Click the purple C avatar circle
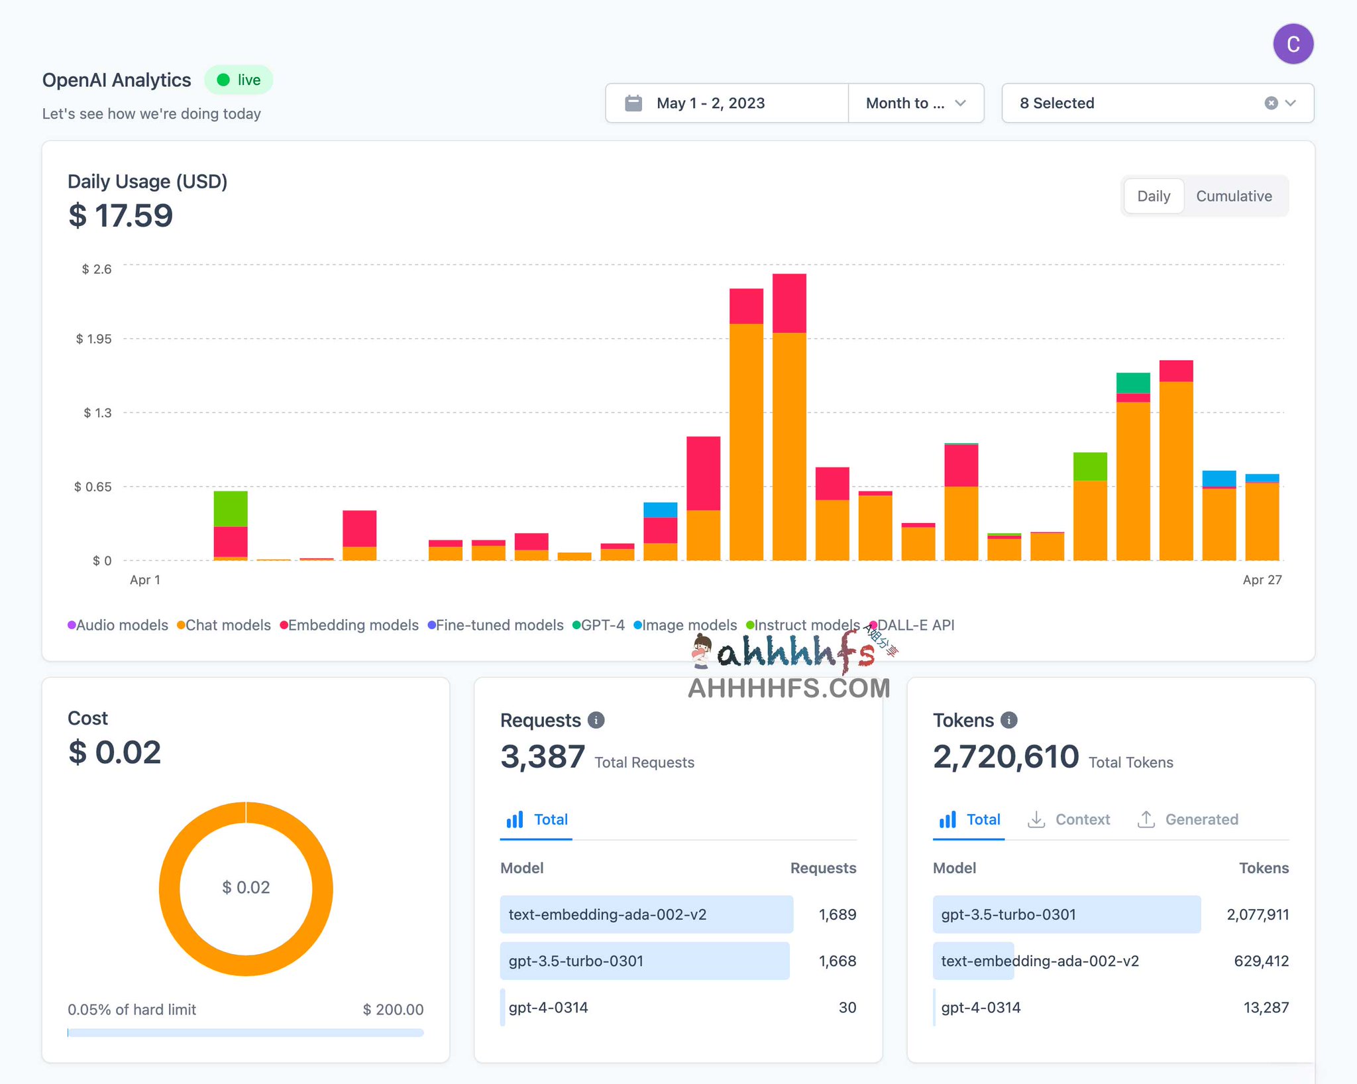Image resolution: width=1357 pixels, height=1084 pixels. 1293,44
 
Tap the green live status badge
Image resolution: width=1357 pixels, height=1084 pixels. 239,80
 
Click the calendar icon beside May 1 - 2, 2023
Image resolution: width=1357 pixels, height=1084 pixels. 633,103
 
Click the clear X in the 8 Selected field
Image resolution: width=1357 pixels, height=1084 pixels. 1270,103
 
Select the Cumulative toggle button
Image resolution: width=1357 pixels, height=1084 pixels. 1233,196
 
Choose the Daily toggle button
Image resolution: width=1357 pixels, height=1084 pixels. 1153,196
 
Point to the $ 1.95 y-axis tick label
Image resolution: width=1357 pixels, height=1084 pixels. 94,339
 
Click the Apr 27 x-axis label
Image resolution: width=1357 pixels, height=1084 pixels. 1262,580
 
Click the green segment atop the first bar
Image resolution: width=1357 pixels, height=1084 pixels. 231,509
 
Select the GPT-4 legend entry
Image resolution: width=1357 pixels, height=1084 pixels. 599,625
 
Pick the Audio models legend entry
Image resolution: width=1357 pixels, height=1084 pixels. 119,625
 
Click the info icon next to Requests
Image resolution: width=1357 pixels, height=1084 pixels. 596,720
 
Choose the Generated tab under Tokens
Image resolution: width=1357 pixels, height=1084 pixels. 1187,819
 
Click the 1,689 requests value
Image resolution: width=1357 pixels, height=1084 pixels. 837,915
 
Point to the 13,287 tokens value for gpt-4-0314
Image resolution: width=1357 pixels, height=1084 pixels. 1266,1008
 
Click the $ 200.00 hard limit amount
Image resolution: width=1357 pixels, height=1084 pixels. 393,1010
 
